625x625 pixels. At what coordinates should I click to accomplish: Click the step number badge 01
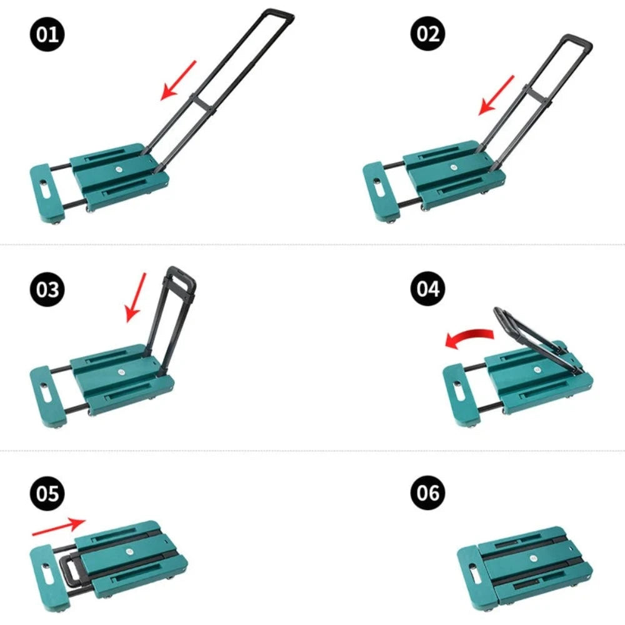(47, 34)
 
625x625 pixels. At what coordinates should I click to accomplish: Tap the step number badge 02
(427, 34)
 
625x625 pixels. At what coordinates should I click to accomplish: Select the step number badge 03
(47, 289)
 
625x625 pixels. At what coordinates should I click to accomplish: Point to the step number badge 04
(427, 289)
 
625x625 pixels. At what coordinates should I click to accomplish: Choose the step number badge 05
(47, 494)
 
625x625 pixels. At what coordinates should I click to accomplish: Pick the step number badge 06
(427, 492)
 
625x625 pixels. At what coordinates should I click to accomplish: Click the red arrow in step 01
(178, 80)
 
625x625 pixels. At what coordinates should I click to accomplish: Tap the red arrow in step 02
(496, 95)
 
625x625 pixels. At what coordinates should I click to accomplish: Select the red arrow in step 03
(136, 297)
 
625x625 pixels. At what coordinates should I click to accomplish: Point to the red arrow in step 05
(59, 526)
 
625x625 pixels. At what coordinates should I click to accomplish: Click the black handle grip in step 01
(277, 15)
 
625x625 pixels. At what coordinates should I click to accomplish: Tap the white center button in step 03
(122, 372)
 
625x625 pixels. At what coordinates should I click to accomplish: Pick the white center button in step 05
(128, 552)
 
